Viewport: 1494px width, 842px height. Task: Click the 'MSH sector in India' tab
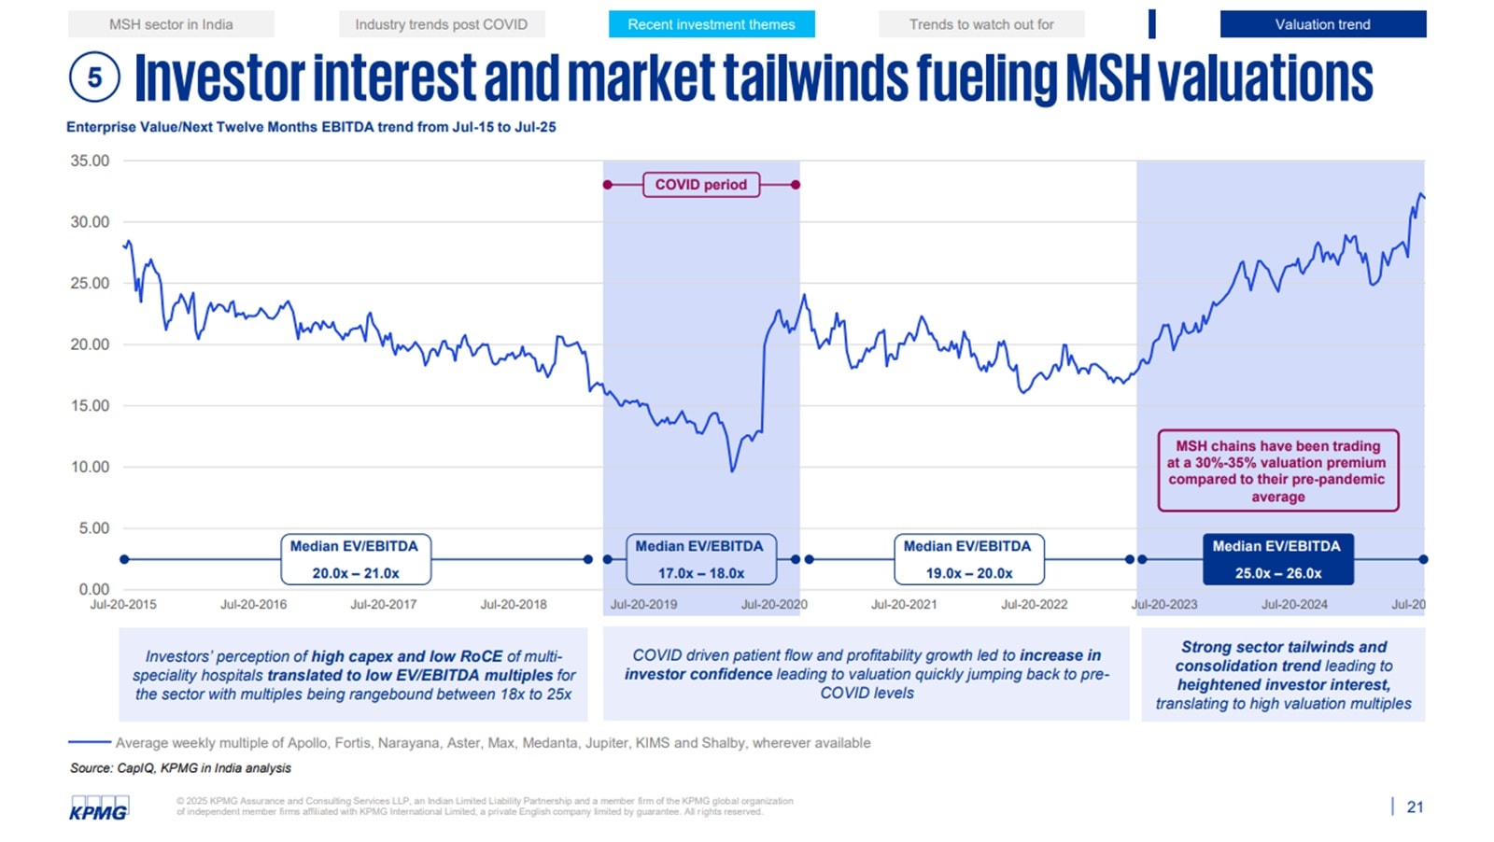pos(171,24)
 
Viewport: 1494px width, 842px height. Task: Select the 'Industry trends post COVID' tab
pos(441,24)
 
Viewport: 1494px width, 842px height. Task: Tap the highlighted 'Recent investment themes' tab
pos(712,24)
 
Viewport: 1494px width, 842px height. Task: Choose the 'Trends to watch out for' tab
pos(981,24)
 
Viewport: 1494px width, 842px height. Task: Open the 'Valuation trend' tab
pos(1322,24)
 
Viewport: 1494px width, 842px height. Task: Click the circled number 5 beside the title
pos(94,77)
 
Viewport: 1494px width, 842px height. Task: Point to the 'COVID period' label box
pos(700,185)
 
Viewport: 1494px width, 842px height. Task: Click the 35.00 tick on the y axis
pos(90,161)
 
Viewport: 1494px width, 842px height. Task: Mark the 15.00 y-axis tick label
pos(90,405)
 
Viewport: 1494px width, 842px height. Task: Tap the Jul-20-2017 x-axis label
pos(383,604)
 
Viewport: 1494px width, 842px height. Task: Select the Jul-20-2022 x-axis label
pos(1034,604)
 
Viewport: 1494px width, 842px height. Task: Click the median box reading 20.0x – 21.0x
pos(355,559)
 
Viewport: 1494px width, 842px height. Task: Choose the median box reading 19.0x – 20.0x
pos(968,559)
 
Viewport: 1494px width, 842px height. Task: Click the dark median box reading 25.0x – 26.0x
pos(1277,559)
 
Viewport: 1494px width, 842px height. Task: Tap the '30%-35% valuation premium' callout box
pos(1277,470)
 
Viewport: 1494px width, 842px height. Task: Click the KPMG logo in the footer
pos(99,808)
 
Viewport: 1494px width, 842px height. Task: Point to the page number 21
pos(1415,807)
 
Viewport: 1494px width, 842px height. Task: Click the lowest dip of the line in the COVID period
pos(732,470)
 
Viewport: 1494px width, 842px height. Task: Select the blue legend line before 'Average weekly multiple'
pos(90,742)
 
